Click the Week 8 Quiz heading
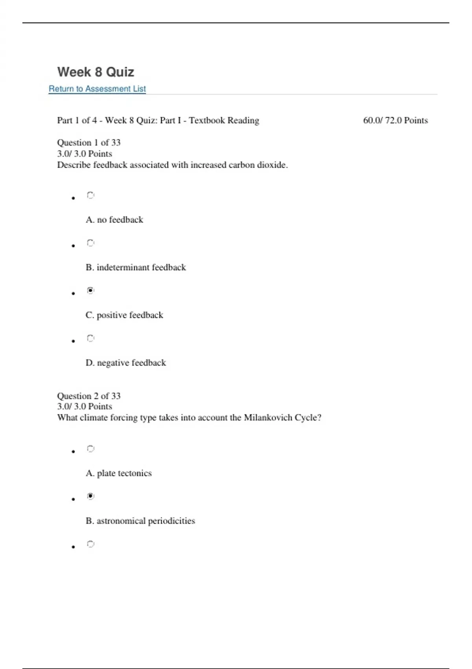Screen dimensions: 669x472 96,72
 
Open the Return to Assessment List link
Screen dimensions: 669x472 97,89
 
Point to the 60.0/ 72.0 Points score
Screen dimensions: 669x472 395,120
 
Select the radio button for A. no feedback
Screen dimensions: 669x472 90,195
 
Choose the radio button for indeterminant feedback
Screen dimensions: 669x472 90,243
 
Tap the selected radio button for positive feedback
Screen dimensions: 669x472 90,290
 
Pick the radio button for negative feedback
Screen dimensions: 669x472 90,338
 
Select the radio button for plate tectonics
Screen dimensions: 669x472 90,449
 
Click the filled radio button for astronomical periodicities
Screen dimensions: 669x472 90,496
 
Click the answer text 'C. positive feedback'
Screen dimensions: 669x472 124,315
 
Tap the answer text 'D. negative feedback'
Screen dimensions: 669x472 126,363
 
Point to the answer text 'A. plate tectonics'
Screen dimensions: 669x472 119,473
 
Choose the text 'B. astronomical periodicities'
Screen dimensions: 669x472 140,521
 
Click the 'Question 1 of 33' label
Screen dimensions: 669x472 89,142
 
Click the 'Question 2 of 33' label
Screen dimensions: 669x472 89,396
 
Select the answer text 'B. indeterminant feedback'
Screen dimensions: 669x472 136,268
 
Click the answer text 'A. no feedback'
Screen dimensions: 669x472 114,220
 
